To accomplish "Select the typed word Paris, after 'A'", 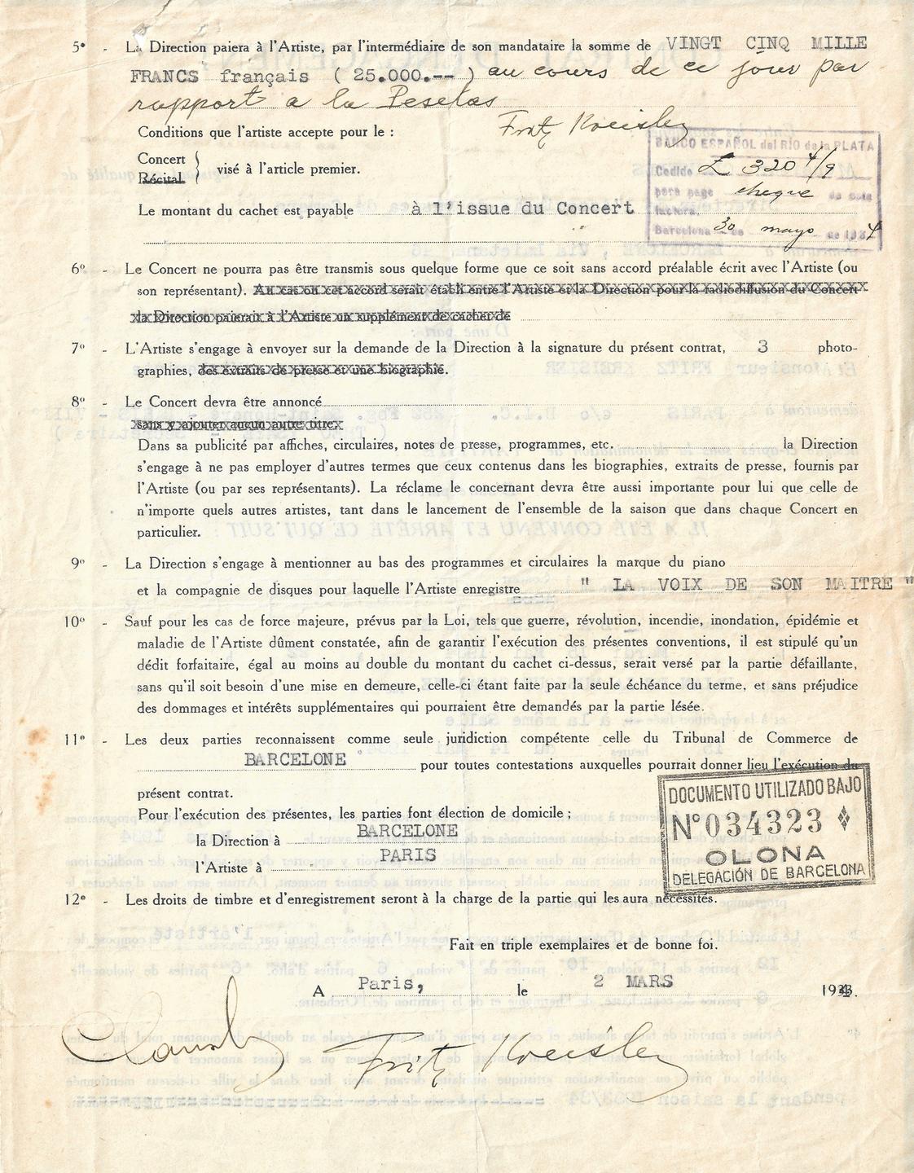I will point(389,982).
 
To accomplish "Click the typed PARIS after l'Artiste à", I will point(407,855).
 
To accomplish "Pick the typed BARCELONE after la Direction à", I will point(407,831).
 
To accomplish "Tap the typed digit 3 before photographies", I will point(762,346).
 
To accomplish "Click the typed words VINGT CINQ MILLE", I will point(766,43).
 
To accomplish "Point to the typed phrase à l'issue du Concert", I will point(522,209).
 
